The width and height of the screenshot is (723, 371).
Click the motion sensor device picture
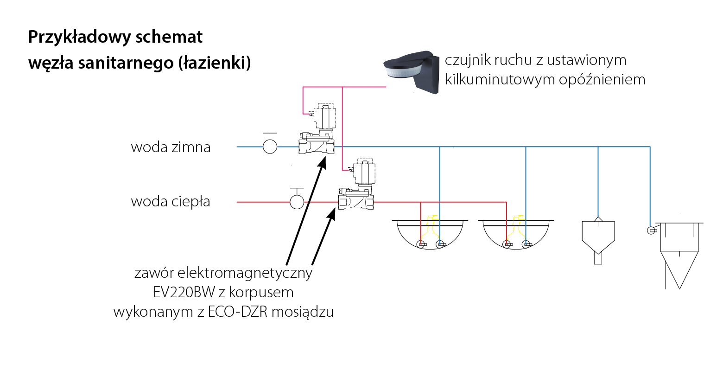(412, 72)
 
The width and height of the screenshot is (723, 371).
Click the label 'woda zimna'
(171, 147)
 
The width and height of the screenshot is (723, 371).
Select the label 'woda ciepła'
(171, 201)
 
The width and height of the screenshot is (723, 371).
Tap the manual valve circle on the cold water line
(270, 147)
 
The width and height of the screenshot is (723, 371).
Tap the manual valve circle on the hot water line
(297, 202)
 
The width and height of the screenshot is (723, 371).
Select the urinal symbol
(598, 241)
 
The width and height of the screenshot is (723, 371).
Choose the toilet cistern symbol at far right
(679, 255)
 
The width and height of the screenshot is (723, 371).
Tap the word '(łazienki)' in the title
(214, 63)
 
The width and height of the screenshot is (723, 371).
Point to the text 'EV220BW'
(184, 292)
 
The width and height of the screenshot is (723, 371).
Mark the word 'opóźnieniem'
(602, 79)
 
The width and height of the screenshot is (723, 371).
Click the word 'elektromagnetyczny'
(245, 273)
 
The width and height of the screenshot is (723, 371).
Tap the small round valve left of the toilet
(651, 230)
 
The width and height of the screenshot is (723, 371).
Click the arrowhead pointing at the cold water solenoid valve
(322, 162)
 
